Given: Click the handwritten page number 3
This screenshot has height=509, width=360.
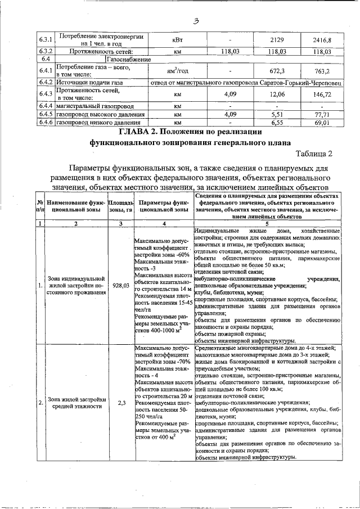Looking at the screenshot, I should (x=196, y=21).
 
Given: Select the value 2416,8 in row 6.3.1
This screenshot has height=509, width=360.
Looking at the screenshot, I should (x=322, y=40).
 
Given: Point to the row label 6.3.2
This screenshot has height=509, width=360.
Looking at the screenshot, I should (x=46, y=51).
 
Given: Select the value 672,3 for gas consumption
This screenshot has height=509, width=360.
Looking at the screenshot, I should (x=275, y=71).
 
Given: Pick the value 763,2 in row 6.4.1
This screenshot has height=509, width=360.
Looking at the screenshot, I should (x=322, y=71).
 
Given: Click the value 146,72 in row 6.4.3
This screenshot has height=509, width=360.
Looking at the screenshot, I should (x=322, y=95).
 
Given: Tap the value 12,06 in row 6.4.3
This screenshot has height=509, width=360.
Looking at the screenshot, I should (x=275, y=95).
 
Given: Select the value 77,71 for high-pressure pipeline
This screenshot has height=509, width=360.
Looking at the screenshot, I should (x=322, y=114).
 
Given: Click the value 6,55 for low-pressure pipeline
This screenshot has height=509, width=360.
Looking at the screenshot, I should (x=275, y=122).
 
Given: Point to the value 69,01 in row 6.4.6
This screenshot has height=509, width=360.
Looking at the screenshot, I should (x=322, y=122).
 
